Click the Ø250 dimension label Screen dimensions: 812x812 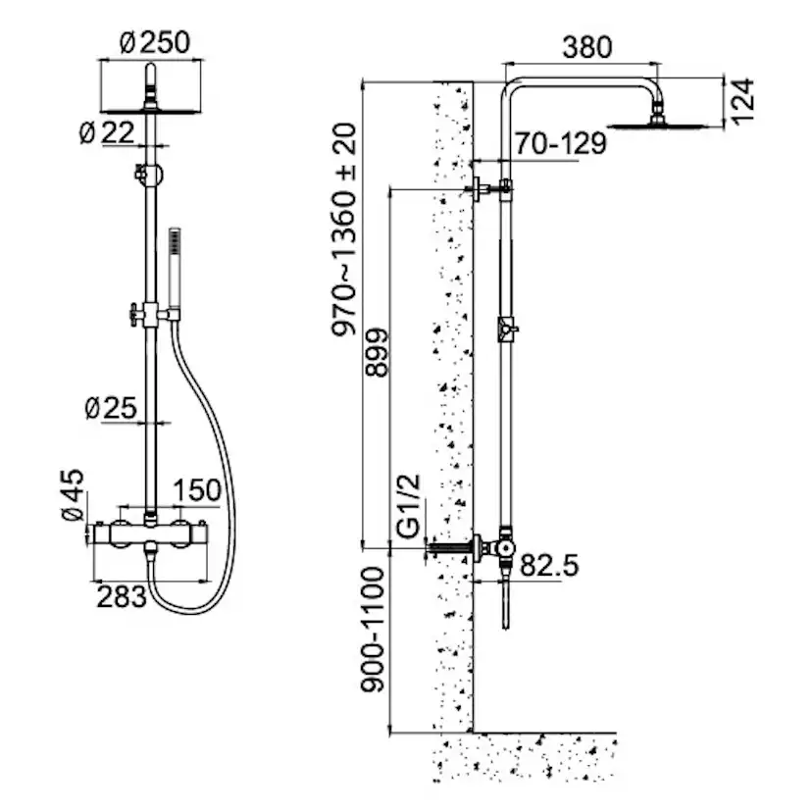153,43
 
